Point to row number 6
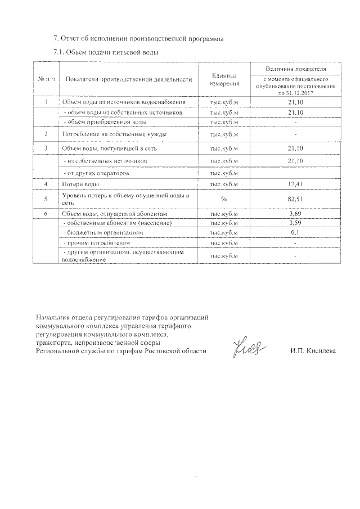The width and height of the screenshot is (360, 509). click(x=47, y=214)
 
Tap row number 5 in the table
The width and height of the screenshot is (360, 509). click(x=47, y=199)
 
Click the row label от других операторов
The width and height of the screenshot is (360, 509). click(x=98, y=174)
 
